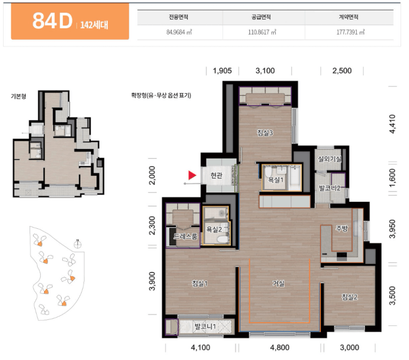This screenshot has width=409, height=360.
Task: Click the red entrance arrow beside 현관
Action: [x=192, y=175]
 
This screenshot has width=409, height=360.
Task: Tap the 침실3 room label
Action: [x=265, y=133]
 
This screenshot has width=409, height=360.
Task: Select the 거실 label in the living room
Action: [x=279, y=283]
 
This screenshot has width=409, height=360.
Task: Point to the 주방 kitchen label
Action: [x=342, y=229]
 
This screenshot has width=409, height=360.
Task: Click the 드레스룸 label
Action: [x=186, y=236]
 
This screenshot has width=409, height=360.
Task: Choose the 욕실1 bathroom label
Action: [x=276, y=180]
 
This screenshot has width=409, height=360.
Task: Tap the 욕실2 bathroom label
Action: [x=214, y=229]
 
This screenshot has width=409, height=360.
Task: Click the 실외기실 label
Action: [x=330, y=159]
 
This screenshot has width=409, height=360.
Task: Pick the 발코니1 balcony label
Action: [x=206, y=326]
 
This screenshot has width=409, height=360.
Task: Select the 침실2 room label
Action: [x=350, y=297]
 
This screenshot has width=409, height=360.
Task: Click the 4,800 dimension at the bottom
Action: [x=280, y=347]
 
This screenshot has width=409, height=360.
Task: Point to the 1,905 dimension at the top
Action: [x=222, y=71]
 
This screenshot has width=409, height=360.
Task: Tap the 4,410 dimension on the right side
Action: [x=392, y=124]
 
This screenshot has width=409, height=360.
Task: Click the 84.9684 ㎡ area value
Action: [x=179, y=32]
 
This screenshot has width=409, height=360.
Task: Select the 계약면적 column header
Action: [x=349, y=17]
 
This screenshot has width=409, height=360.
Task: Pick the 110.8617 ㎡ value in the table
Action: [x=262, y=32]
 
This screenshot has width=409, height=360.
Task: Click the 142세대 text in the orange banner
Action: [x=94, y=25]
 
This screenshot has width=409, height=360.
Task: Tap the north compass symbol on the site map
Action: [x=77, y=244]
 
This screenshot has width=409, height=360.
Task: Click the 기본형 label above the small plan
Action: [x=19, y=96]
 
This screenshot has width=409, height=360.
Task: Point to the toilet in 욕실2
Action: [x=222, y=239]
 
